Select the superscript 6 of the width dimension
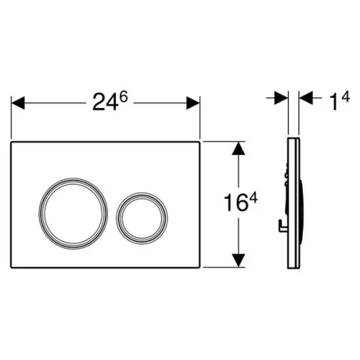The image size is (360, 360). pyautogui.click(x=123, y=97)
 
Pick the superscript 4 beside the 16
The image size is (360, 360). pyautogui.click(x=253, y=199)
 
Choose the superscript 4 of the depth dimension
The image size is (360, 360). pyautogui.click(x=346, y=96)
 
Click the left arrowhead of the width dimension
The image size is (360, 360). pyautogui.click(x=18, y=103)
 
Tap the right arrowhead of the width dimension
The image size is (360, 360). pyautogui.click(x=193, y=103)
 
